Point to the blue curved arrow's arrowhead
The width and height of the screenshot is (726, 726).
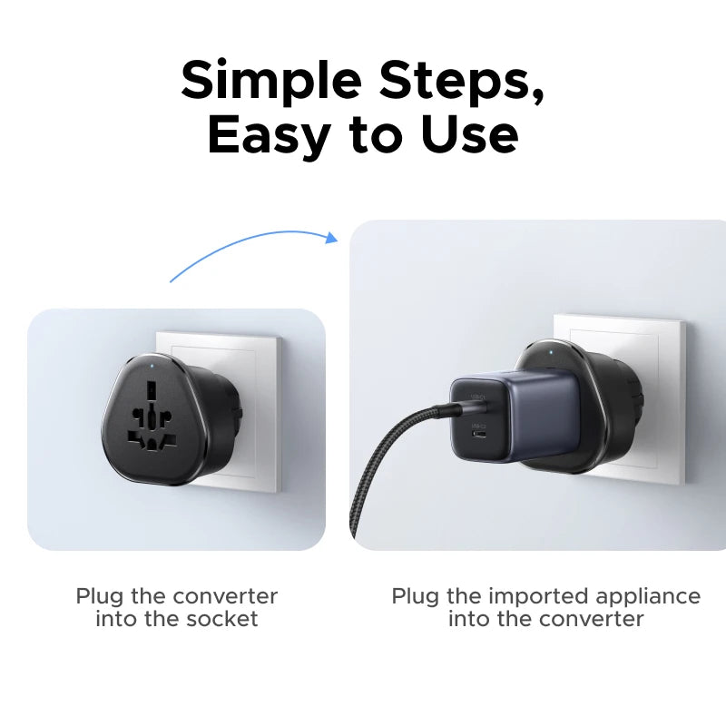coord(331,239)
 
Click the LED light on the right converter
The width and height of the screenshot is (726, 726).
coord(544,348)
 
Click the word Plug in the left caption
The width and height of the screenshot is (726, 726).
coord(96,596)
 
